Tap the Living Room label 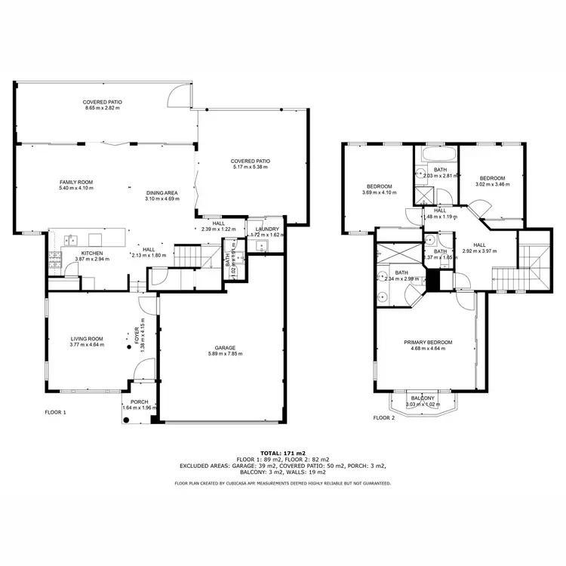(87, 340)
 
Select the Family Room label (75, 182)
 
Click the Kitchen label (91, 254)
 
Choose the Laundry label (267, 229)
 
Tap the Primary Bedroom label (427, 343)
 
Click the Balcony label (422, 398)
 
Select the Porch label (139, 401)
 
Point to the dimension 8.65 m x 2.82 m (103, 108)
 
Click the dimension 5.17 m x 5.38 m (250, 167)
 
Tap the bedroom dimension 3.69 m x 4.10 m (379, 192)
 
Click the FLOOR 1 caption (55, 413)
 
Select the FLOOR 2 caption (385, 417)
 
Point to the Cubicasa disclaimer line (282, 482)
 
